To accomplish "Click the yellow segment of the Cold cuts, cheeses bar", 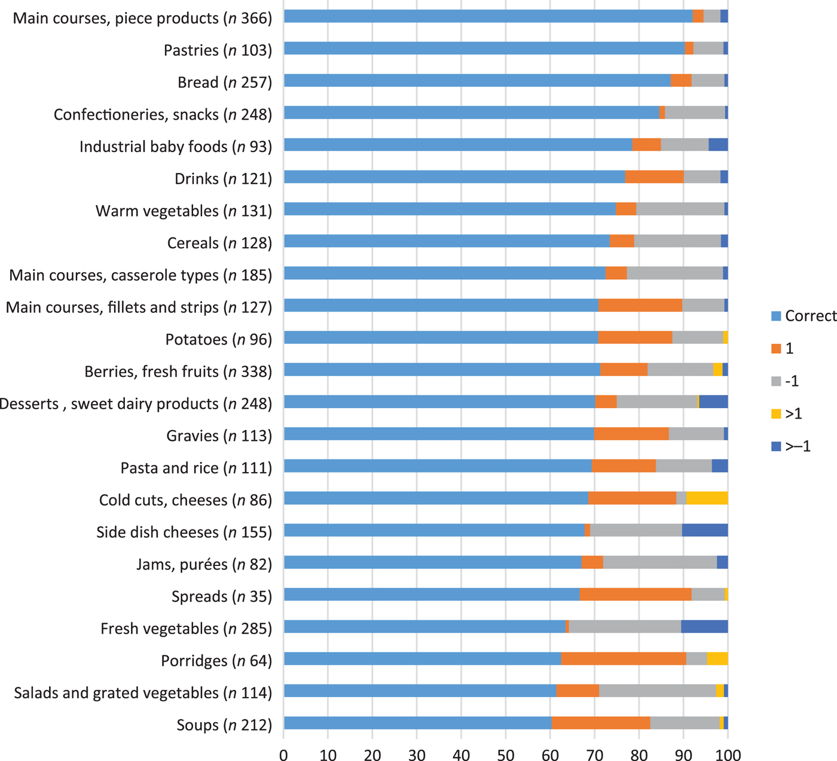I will pos(707,498).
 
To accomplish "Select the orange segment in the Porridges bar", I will pos(624,659).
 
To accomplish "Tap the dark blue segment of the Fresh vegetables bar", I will pos(704,627).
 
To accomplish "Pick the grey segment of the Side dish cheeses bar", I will pos(636,530).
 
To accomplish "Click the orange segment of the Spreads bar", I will pos(636,595).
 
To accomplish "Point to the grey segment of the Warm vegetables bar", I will pos(680,209).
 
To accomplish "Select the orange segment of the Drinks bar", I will pos(654,177).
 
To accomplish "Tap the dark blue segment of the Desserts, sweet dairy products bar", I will pos(713,401).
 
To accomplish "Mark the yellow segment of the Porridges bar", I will pos(717,659).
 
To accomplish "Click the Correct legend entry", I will pos(810,316).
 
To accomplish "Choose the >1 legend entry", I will pos(793,414).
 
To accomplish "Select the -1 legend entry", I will pos(792,381).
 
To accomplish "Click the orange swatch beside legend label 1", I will pos(777,349).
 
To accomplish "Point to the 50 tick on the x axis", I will pos(505,755).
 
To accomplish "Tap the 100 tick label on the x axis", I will pos(727,755).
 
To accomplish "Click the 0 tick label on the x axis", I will pos(283,755).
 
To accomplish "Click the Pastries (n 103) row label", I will pos(218,50).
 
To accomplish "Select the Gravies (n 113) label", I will pos(219,436).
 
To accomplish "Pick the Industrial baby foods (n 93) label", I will pos(176,147).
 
